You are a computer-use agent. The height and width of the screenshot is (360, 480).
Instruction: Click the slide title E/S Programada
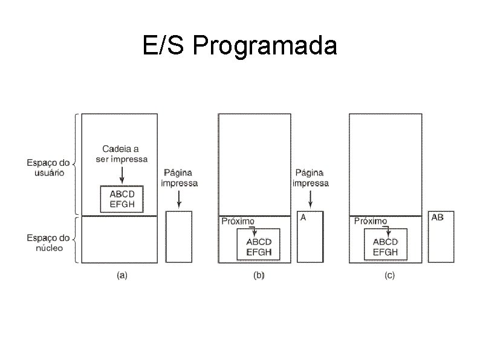pos(240,45)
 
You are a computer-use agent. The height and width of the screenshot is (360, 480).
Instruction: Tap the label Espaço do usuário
pos(48,167)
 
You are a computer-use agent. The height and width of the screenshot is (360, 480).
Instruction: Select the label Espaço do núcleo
pos(48,243)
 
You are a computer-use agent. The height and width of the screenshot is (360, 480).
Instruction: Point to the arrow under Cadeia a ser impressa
pos(122,174)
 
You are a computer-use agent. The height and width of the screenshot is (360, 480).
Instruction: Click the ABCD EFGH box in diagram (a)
pos(122,199)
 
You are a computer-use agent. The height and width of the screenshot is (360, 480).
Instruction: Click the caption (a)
pos(122,276)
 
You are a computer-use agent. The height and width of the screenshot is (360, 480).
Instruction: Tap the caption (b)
pos(258,276)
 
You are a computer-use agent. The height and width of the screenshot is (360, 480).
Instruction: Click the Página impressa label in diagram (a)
pos(180,178)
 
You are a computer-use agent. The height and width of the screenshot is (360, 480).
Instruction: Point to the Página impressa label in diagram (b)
pos(311,178)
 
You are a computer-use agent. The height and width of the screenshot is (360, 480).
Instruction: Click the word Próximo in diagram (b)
pos(238,221)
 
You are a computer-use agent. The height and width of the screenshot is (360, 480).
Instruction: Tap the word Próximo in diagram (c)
pos(369,221)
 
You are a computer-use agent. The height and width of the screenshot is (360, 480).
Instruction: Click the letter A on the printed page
pos(303,217)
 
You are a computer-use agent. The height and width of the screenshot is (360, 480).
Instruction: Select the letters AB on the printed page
pos(437,217)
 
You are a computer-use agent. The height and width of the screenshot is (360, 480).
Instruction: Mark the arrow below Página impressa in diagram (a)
pos(179,198)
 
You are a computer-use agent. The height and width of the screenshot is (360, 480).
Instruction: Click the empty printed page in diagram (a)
pos(179,236)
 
